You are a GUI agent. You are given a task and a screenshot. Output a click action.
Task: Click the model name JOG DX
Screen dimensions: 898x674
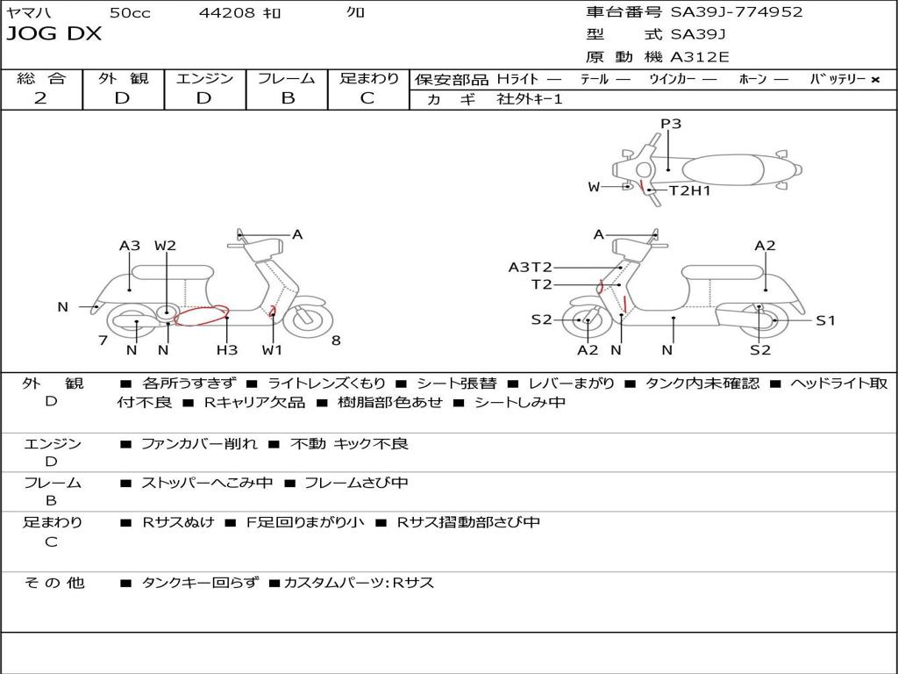click(53, 33)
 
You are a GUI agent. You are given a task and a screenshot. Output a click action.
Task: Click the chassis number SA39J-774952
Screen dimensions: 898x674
click(737, 11)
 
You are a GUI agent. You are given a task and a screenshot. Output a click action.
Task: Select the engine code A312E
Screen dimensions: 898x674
click(700, 57)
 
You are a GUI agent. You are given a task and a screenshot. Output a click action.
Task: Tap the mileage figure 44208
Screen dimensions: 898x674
click(226, 12)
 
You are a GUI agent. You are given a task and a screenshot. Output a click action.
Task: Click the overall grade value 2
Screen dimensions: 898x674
click(40, 98)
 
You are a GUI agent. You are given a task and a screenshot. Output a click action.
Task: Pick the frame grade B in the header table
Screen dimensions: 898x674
click(288, 98)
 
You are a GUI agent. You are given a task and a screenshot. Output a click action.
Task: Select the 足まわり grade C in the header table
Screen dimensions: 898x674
click(367, 98)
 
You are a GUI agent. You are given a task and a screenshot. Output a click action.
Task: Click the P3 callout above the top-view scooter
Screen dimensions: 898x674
click(671, 123)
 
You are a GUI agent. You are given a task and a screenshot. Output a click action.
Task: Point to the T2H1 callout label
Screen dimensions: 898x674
click(689, 190)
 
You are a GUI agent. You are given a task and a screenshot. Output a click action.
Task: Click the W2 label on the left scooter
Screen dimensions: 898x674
click(165, 246)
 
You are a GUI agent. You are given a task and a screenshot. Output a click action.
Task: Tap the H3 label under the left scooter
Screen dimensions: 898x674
click(227, 349)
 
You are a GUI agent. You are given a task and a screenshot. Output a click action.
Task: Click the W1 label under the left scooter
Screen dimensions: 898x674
click(272, 349)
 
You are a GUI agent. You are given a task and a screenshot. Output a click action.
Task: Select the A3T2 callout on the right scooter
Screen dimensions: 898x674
click(531, 267)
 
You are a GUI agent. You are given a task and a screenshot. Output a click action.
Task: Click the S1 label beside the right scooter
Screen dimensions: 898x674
click(825, 320)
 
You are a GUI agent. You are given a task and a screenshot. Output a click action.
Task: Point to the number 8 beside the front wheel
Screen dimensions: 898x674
click(336, 341)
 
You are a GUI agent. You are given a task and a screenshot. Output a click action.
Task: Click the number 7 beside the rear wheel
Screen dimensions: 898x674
click(103, 341)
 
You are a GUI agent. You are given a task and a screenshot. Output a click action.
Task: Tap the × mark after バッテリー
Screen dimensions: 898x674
click(875, 80)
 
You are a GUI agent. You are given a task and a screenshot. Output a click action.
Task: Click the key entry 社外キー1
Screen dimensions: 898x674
click(530, 99)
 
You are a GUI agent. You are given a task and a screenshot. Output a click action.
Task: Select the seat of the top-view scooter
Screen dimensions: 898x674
click(723, 170)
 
